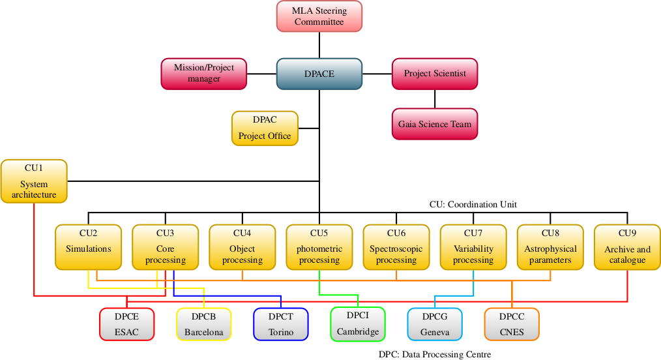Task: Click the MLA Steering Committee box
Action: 319,16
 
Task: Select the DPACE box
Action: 319,74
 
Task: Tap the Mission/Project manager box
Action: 204,73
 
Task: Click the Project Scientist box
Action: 435,74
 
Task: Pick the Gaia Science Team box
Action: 435,124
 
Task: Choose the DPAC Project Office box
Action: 265,128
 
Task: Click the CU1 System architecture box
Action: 34,181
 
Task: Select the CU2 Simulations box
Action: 88,247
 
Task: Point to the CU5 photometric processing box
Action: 319,247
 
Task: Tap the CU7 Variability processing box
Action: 473,247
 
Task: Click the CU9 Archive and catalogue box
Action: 627,247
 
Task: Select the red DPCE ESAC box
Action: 127,324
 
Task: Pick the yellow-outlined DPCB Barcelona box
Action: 203,324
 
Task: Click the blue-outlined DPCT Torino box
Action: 281,324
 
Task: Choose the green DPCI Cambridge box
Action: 358,323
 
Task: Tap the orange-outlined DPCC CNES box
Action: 512,324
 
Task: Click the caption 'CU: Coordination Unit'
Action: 473,204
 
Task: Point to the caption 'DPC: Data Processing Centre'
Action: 434,354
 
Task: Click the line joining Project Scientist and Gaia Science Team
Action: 435,98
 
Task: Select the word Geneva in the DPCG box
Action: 435,332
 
